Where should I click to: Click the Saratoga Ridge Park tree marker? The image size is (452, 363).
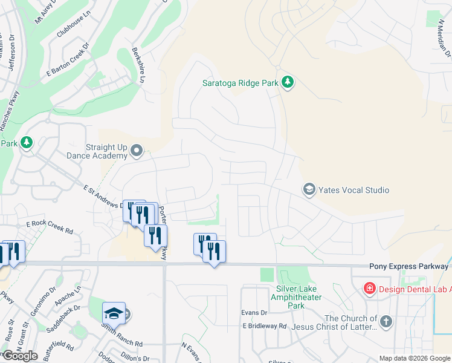288,82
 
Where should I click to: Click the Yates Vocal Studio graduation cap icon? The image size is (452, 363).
309,190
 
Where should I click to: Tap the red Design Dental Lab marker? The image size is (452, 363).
369,289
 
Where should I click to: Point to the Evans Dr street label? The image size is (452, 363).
254,312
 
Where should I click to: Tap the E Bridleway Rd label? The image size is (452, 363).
265,325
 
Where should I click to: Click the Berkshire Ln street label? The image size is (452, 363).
139,66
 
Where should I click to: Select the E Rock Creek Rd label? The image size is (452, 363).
50,227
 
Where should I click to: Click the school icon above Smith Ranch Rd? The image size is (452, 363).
114,313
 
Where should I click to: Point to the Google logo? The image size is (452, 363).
21,356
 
